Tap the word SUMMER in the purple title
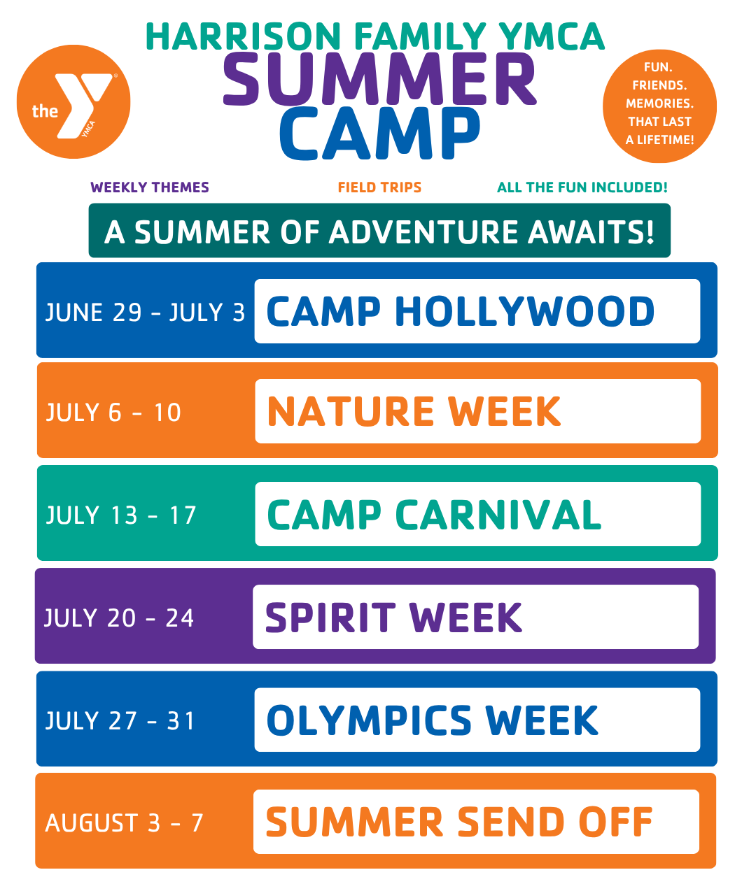pos(379,79)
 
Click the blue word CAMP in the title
pos(379,134)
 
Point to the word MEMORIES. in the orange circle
pos(659,104)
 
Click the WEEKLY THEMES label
pos(150,187)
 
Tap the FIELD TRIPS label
pos(379,187)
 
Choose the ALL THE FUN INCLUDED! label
pos(582,187)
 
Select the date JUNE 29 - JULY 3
pos(145,313)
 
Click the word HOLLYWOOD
pos(524,312)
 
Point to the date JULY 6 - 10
pos(113,413)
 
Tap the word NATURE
pos(351,412)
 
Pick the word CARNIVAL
pos(498,515)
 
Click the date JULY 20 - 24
pos(119,618)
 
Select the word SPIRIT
pos(330,618)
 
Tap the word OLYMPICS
pos(370,720)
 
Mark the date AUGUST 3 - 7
pos(124,822)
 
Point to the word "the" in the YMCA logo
pos(45,111)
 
